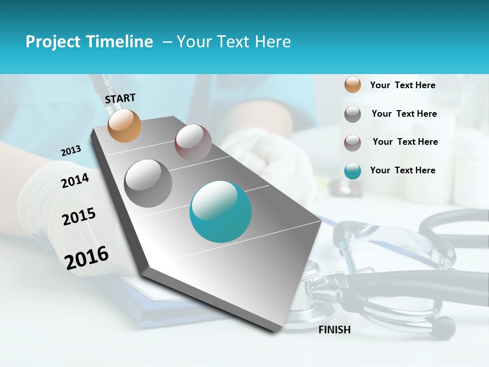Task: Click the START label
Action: pyautogui.click(x=120, y=98)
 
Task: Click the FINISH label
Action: pyautogui.click(x=335, y=330)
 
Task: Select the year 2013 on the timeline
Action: pyautogui.click(x=71, y=151)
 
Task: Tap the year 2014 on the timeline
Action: pyautogui.click(x=75, y=180)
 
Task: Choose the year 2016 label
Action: pyautogui.click(x=87, y=258)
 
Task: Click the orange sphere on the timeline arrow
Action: pyautogui.click(x=125, y=126)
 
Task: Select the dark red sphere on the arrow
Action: pyautogui.click(x=193, y=143)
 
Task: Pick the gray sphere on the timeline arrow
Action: pyautogui.click(x=148, y=183)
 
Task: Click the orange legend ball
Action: pyautogui.click(x=352, y=85)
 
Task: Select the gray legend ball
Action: pyautogui.click(x=352, y=114)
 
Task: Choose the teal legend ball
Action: pyautogui.click(x=352, y=171)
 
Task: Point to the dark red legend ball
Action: pyautogui.click(x=352, y=143)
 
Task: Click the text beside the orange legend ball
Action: pyautogui.click(x=402, y=85)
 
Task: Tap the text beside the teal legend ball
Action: pyautogui.click(x=402, y=170)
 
